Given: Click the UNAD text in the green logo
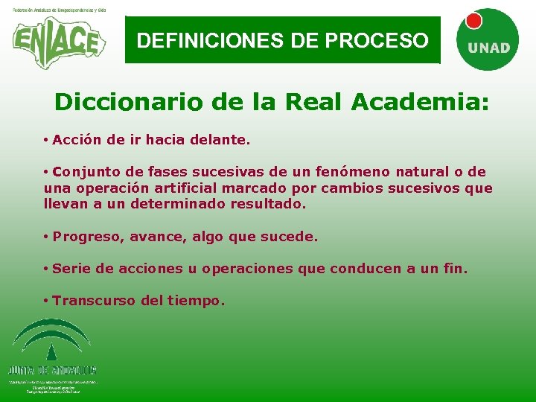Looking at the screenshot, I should coord(488,48).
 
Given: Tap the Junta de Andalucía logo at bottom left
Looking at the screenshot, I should coord(52,354).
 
